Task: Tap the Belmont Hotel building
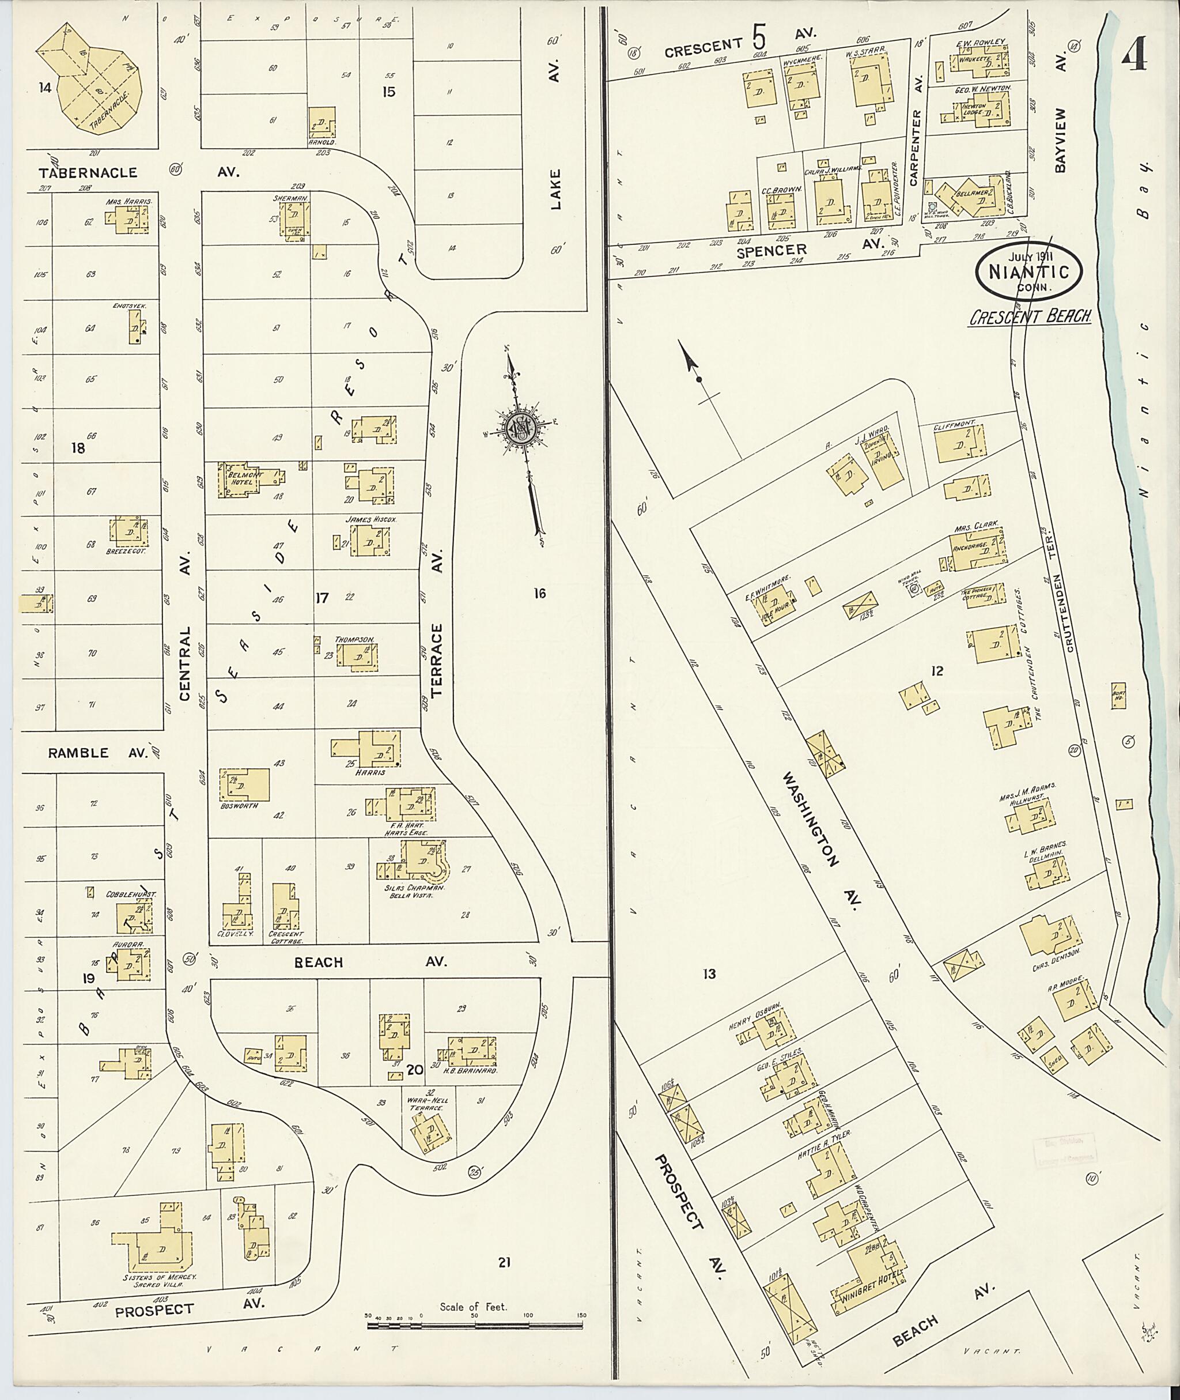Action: coord(241,480)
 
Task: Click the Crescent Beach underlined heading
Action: coord(1030,316)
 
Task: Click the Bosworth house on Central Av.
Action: coord(245,784)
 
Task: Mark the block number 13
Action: coord(709,973)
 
